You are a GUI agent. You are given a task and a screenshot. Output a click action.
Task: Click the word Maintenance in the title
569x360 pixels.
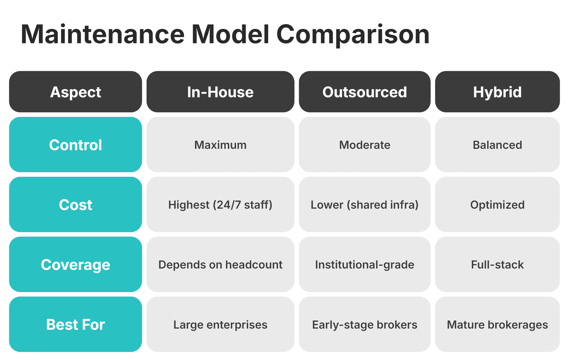[x=103, y=34]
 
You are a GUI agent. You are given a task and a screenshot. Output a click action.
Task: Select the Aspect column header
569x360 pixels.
[x=76, y=92]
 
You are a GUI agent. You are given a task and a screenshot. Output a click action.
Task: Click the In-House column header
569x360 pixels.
[x=220, y=92]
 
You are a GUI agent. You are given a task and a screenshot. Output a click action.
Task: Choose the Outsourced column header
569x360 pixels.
[x=365, y=92]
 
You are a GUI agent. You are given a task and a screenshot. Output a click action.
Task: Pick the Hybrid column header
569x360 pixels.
[x=497, y=92]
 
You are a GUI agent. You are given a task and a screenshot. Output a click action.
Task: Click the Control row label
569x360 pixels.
[x=76, y=145]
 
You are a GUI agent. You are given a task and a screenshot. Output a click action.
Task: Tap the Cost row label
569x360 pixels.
[x=76, y=205]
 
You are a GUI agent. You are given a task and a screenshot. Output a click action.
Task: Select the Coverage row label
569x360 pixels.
[x=76, y=265]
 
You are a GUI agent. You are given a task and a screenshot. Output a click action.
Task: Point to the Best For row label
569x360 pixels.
[x=76, y=324]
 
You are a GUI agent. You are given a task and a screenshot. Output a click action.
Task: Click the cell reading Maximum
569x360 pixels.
[x=220, y=145]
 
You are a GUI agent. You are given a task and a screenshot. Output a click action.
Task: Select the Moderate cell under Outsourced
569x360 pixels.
[x=365, y=145]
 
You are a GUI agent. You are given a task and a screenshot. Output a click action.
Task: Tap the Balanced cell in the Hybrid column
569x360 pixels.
[x=497, y=145]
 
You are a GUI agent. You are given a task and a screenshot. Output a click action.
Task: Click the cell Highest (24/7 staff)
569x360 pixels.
[x=220, y=205]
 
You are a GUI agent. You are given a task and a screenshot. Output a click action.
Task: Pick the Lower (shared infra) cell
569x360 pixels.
[x=365, y=205]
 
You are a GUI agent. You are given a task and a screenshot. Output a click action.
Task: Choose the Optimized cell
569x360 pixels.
[x=497, y=205]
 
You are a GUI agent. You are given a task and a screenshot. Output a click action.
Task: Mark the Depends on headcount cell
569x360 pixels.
[x=220, y=265]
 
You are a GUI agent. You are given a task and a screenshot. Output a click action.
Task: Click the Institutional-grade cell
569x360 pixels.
[x=365, y=265]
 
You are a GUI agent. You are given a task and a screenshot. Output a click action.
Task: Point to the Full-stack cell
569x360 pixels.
[x=497, y=265]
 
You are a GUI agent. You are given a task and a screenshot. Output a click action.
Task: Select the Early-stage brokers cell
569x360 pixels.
[x=365, y=325]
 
